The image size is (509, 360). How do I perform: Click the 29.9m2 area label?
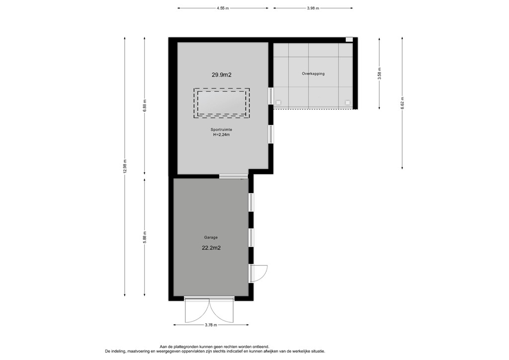click(x=222, y=75)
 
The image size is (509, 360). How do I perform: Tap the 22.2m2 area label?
click(x=212, y=247)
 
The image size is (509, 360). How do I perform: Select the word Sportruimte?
click(x=222, y=129)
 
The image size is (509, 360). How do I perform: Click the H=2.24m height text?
click(x=222, y=135)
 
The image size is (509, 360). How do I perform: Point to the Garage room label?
click(x=211, y=237)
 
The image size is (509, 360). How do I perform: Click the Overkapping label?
click(x=313, y=74)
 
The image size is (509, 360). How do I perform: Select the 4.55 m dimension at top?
click(x=223, y=8)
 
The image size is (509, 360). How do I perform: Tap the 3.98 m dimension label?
click(x=313, y=8)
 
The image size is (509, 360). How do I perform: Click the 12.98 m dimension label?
click(x=125, y=167)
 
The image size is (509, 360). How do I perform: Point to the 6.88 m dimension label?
click(x=145, y=104)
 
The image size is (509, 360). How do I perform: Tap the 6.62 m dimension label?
click(x=402, y=103)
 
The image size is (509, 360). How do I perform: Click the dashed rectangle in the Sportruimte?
click(x=222, y=103)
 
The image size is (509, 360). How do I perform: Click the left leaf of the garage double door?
click(x=196, y=311)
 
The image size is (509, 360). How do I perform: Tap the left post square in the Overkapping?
click(x=278, y=102)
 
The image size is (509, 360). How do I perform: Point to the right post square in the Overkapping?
click(x=347, y=102)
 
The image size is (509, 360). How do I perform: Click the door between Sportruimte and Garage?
click(x=233, y=176)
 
